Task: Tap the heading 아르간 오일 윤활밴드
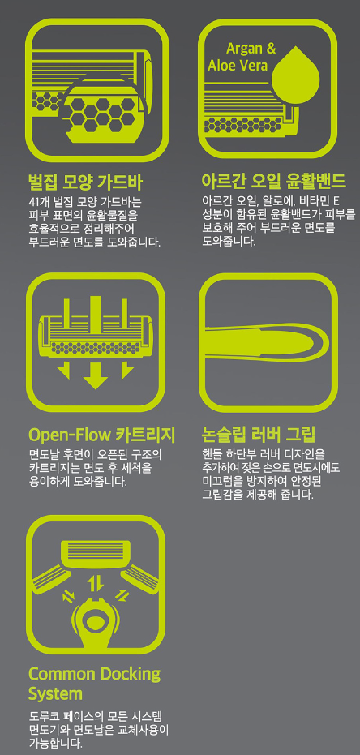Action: click(x=273, y=182)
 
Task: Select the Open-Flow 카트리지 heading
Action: click(x=101, y=435)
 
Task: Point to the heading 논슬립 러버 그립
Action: click(x=259, y=435)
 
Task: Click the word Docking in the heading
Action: click(x=130, y=674)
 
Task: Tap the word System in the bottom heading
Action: click(x=55, y=694)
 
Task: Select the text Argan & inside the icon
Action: click(x=251, y=49)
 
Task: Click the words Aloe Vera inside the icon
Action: click(x=238, y=65)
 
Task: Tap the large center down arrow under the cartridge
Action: click(x=96, y=376)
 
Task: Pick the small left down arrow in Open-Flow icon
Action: click(x=63, y=371)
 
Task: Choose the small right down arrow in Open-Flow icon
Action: click(x=127, y=371)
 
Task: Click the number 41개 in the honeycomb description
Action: click(x=37, y=202)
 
